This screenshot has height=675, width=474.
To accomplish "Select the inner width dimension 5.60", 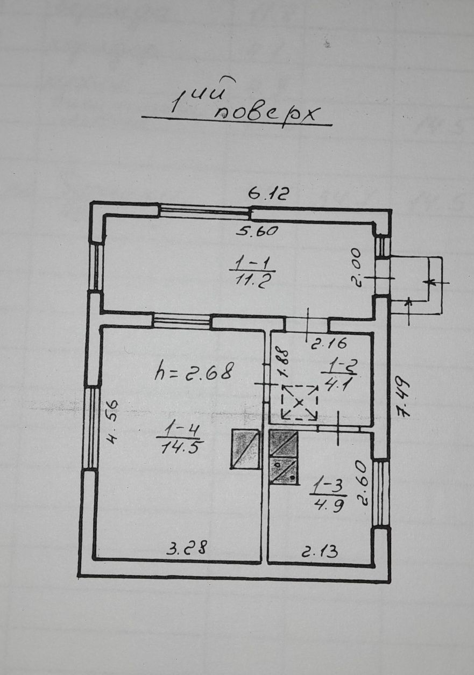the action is (x=257, y=231).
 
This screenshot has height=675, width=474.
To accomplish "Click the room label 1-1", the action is (x=252, y=264).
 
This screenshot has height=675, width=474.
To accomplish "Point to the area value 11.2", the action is (x=252, y=282).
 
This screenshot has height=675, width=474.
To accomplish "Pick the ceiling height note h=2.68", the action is (x=195, y=372).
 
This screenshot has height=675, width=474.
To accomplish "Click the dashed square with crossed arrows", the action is (x=299, y=403).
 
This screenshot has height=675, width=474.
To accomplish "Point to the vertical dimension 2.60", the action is (x=362, y=490).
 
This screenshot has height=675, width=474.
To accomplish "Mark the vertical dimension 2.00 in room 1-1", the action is (x=356, y=268).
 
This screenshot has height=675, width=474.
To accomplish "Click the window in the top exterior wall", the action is (x=205, y=210).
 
